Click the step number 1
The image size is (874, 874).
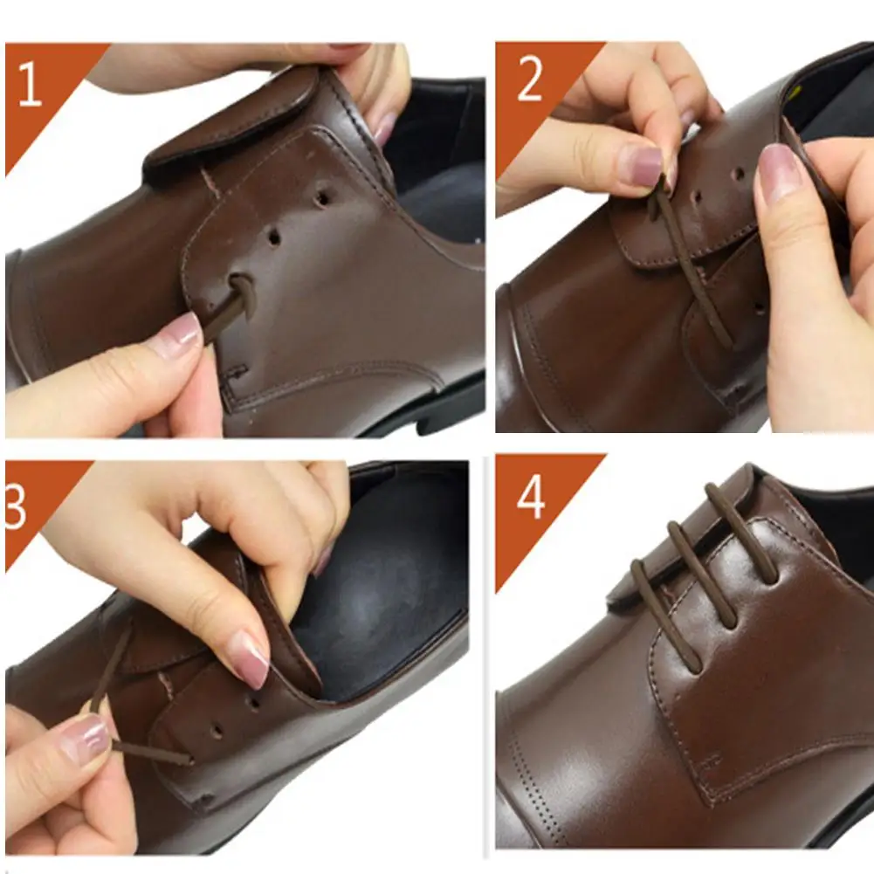[30, 84]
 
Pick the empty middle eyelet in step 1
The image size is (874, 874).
[274, 237]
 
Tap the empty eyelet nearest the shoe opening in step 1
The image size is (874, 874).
[322, 197]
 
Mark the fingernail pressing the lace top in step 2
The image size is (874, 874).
[643, 165]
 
